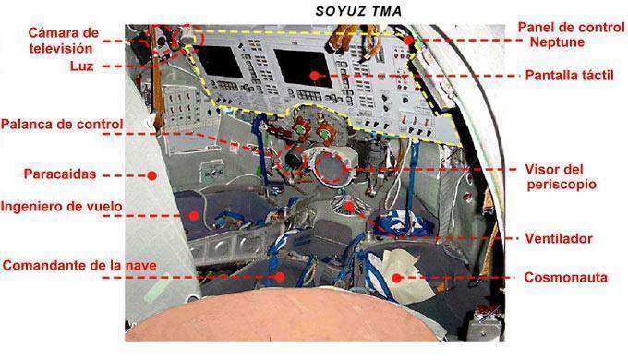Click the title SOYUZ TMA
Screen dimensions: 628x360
click(x=358, y=11)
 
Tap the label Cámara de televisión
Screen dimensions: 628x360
click(x=64, y=41)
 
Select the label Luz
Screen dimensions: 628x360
click(x=81, y=66)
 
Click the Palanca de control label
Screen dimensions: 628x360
click(x=62, y=124)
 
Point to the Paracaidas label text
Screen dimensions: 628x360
click(x=60, y=174)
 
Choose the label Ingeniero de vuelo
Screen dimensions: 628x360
click(x=61, y=207)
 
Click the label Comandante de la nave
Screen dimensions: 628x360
click(x=79, y=266)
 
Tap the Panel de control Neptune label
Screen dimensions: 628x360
click(x=571, y=34)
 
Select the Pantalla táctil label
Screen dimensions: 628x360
click(x=569, y=76)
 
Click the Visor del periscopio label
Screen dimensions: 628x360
click(x=561, y=177)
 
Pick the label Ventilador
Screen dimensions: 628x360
click(x=559, y=239)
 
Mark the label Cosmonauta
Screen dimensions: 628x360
click(x=565, y=278)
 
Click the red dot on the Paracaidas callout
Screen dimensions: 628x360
click(x=151, y=175)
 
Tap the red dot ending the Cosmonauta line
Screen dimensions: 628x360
click(x=396, y=278)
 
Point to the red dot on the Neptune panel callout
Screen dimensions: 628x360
click(x=408, y=40)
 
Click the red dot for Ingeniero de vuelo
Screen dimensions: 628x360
click(x=194, y=216)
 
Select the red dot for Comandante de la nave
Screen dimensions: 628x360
click(x=281, y=277)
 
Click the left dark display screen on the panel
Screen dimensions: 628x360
click(x=220, y=62)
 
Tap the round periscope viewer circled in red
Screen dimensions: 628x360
click(x=330, y=168)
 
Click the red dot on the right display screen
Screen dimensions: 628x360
click(x=315, y=76)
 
